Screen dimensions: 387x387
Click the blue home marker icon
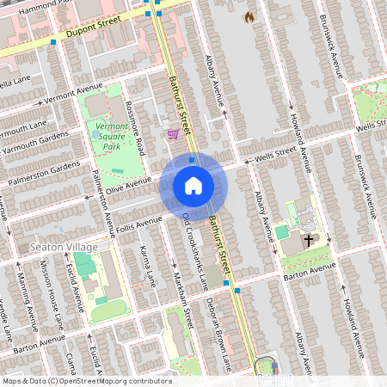click(193, 186)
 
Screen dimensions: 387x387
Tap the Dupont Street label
click(85, 35)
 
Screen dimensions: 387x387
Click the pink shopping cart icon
click(174, 133)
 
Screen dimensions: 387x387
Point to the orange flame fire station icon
click(249, 16)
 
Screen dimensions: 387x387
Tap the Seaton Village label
click(64, 247)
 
